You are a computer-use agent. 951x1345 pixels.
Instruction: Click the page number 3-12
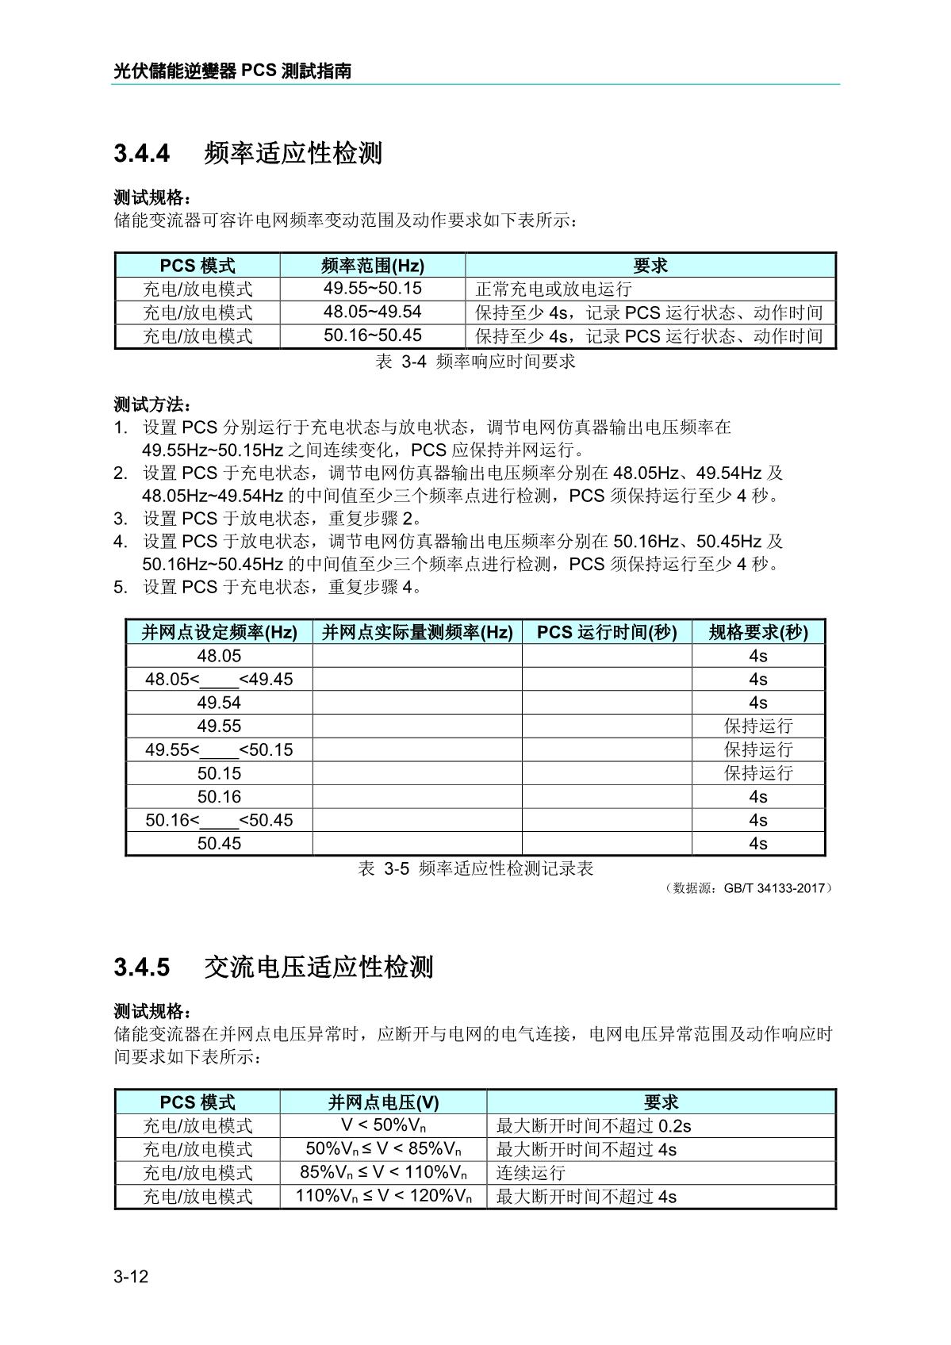pos(131,1277)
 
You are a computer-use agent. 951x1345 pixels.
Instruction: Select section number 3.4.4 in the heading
pos(142,153)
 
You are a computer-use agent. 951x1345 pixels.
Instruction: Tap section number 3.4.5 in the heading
pos(142,968)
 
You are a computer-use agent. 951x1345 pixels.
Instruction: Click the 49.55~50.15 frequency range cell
pos(372,289)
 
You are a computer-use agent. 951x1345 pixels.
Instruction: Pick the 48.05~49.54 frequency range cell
pos(372,312)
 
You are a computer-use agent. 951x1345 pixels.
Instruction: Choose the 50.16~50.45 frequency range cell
pos(372,335)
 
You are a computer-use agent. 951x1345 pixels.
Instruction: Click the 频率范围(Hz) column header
pos(372,266)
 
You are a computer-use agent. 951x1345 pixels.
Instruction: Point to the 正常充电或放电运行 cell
pos(554,289)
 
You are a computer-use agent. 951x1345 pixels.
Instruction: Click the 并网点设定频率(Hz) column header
pos(219,632)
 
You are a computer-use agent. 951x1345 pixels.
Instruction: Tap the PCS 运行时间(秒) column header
pos(607,632)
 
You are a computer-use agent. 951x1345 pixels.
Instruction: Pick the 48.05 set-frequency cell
pos(219,656)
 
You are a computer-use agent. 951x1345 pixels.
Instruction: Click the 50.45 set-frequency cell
pos(219,844)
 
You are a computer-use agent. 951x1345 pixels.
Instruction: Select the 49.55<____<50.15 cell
pos(219,750)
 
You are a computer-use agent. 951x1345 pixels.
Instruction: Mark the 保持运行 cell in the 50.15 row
pos(758,773)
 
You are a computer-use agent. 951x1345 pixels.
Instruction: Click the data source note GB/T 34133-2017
pos(750,888)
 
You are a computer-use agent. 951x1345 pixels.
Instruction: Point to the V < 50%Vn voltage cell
pos(383,1125)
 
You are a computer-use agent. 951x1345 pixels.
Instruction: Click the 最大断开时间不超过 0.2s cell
pos(593,1126)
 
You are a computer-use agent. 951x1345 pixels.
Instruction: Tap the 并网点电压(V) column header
pos(383,1102)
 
